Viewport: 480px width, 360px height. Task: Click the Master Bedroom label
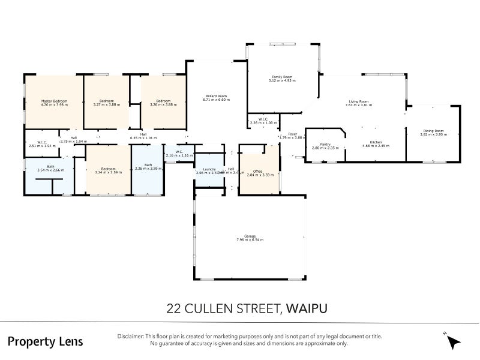click(x=54, y=101)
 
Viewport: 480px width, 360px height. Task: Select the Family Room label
click(x=282, y=77)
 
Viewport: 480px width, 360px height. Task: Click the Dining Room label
click(x=433, y=131)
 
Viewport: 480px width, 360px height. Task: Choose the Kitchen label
click(x=376, y=142)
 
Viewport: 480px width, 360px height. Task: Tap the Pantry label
click(x=325, y=144)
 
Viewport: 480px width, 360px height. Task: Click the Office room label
click(x=258, y=172)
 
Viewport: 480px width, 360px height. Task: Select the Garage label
click(x=250, y=236)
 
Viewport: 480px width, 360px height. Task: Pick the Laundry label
click(x=209, y=169)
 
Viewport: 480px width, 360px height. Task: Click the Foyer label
click(x=293, y=134)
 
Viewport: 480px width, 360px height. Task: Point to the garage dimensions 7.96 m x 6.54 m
click(x=250, y=240)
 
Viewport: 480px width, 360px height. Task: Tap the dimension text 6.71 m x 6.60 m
click(x=217, y=100)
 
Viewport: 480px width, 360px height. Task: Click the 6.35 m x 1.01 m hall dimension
click(x=143, y=138)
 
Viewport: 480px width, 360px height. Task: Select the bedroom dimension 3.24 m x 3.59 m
click(x=108, y=172)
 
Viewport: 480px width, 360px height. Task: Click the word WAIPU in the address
click(x=308, y=309)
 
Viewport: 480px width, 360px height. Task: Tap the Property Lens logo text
click(x=46, y=341)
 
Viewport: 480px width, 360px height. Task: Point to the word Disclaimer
click(x=131, y=337)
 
